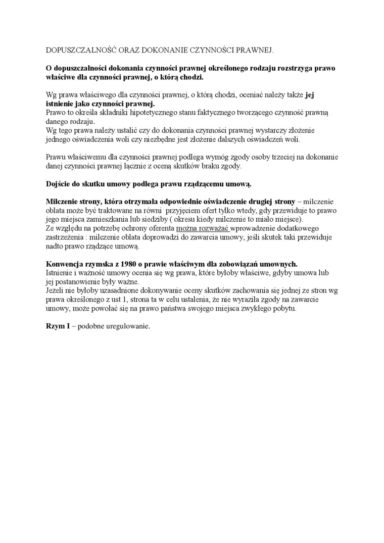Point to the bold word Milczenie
coord(64,201)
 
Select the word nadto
coord(55,246)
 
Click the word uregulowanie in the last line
coord(127,326)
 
